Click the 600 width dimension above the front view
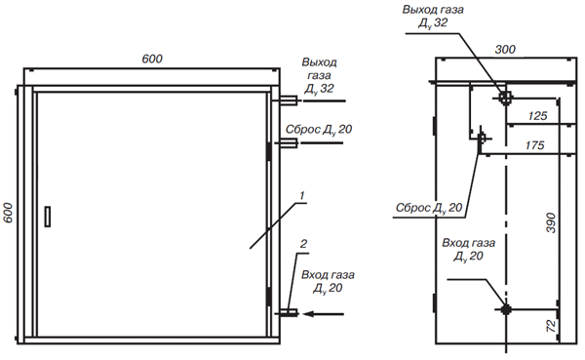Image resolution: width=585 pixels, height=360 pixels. click(152, 59)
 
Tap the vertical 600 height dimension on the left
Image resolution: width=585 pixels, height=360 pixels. click(8, 213)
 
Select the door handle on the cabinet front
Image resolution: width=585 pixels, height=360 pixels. click(48, 217)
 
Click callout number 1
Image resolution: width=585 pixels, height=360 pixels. click(302, 195)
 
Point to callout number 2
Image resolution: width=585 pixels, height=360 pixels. click(303, 244)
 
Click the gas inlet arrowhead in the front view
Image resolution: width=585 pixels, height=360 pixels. click(308, 314)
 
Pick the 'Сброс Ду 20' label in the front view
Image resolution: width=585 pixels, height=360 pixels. click(319, 130)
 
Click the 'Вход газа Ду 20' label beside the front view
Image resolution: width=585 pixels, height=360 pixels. click(328, 282)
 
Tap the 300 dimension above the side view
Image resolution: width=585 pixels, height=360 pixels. click(505, 50)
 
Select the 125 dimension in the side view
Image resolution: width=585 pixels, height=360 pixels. click(537, 116)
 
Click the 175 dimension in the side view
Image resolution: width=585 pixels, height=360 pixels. click(534, 145)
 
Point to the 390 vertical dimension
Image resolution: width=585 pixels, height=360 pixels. click(551, 223)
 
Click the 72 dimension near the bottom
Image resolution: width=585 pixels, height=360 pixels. click(551, 326)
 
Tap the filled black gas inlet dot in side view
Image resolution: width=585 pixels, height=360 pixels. click(506, 309)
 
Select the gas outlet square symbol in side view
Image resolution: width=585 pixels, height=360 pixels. click(505, 99)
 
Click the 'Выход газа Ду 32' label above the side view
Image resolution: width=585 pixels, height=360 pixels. click(433, 16)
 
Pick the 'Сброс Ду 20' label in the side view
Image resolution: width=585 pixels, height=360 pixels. click(429, 208)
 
